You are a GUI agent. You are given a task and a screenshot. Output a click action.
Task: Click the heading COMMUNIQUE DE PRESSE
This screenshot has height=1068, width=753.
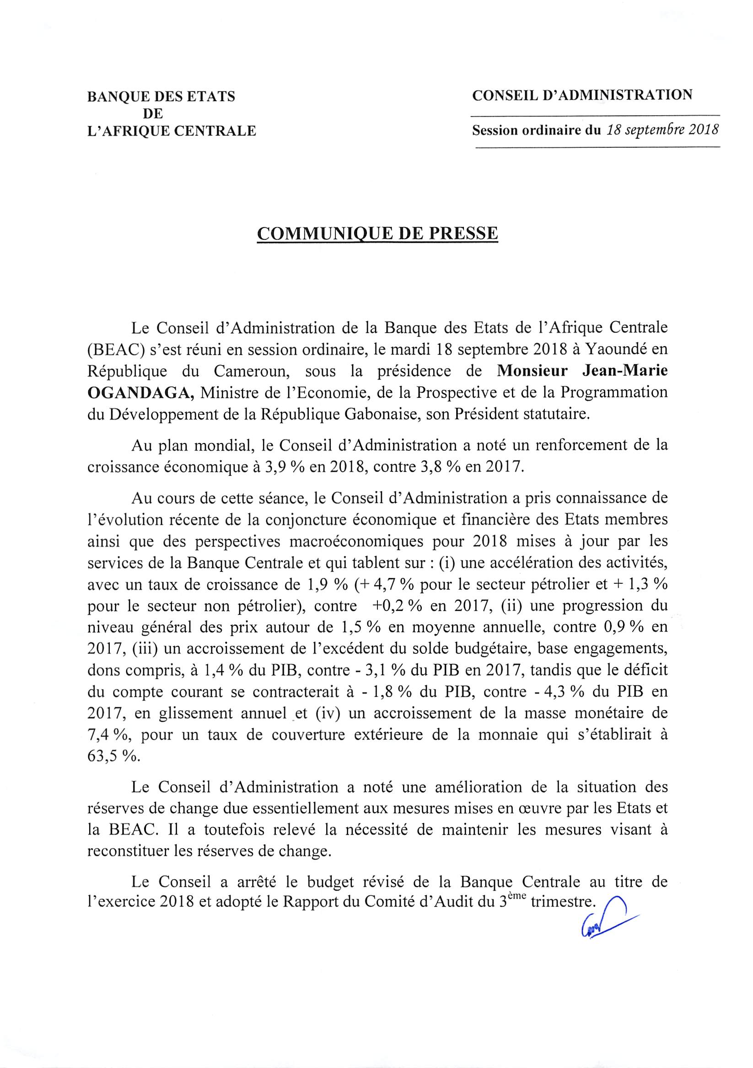coord(377,234)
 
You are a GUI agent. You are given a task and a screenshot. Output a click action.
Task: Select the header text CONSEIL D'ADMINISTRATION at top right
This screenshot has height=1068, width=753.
coord(582,96)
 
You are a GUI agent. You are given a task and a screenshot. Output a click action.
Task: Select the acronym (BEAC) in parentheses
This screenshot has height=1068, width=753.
coord(111,350)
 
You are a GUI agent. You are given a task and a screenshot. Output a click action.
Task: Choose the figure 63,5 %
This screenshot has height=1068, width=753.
coord(113,756)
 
